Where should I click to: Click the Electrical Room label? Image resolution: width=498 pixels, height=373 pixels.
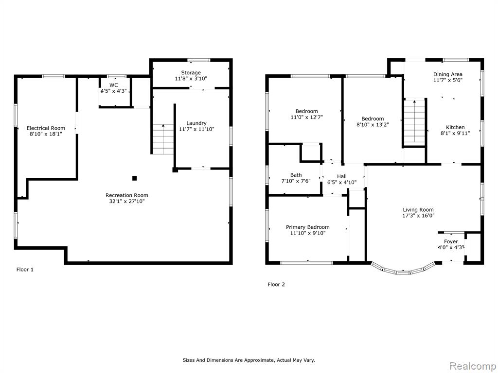[46, 128]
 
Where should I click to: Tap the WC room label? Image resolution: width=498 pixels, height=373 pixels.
[113, 85]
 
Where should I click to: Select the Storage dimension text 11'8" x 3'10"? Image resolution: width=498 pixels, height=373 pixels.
[191, 78]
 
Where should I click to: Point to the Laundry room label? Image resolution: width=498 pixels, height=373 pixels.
[196, 123]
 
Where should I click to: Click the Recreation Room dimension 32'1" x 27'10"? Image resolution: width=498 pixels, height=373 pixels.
[127, 201]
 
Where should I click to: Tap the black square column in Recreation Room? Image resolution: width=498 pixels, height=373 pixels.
[134, 178]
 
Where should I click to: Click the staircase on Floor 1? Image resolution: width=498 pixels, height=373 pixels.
[163, 139]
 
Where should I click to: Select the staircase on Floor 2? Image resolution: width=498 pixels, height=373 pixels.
[414, 122]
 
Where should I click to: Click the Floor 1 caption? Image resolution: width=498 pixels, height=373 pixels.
[25, 270]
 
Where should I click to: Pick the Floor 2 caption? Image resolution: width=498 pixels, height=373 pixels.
[276, 285]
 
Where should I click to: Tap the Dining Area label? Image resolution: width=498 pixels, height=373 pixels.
[448, 74]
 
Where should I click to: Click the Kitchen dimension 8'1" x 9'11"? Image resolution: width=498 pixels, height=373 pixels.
[455, 133]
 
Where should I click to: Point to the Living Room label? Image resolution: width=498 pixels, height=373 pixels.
[418, 210]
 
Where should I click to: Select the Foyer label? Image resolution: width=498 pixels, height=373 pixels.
[451, 242]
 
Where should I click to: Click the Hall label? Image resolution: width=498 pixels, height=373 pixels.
[342, 176]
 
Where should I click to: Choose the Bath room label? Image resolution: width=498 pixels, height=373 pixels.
[296, 175]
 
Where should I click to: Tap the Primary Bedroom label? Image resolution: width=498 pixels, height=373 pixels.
[307, 227]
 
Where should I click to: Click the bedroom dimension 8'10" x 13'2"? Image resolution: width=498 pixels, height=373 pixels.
[373, 125]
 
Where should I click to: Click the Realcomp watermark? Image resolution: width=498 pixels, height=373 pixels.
[472, 366]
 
